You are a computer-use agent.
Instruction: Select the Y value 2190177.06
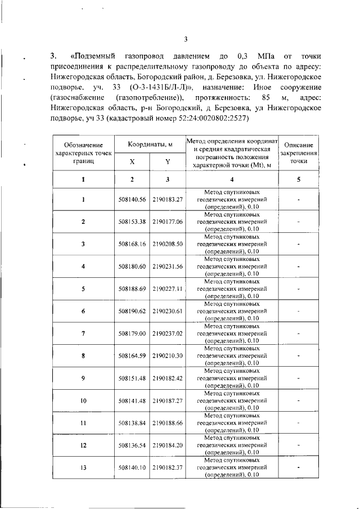168,222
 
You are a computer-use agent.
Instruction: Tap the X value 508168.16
132,244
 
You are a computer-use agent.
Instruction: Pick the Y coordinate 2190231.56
168,267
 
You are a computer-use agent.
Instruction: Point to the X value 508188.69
132,289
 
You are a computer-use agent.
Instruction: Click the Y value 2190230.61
168,311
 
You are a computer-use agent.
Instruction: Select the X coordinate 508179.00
132,334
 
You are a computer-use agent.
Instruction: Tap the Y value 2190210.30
168,355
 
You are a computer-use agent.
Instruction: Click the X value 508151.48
132,378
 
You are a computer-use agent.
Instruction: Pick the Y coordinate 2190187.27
168,400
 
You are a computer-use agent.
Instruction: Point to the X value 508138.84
132,422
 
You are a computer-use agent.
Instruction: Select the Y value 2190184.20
168,445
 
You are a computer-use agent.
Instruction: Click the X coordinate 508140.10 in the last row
132,467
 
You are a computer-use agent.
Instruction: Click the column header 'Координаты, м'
150,145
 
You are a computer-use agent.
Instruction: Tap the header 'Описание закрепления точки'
299,152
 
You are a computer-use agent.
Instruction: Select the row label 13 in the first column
83,467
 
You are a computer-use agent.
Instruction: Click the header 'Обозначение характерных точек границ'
83,152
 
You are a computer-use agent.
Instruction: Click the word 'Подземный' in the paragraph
95,56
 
